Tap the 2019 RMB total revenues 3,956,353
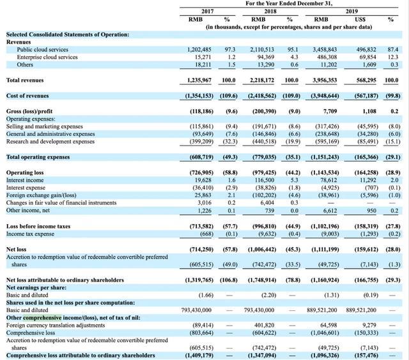point(326,80)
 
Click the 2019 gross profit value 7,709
point(336,110)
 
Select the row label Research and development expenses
point(51,141)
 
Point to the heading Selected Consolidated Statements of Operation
point(67,34)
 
